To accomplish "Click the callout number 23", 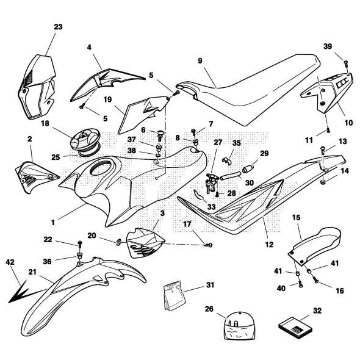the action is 58,27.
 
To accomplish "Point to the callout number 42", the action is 10,262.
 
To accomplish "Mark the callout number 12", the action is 269,245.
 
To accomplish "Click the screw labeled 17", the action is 208,245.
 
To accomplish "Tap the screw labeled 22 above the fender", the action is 80,244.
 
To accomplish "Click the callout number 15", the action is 296,217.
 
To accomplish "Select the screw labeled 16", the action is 315,279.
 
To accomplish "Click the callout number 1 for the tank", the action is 53,222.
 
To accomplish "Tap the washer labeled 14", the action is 323,182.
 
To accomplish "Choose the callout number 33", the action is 211,207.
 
